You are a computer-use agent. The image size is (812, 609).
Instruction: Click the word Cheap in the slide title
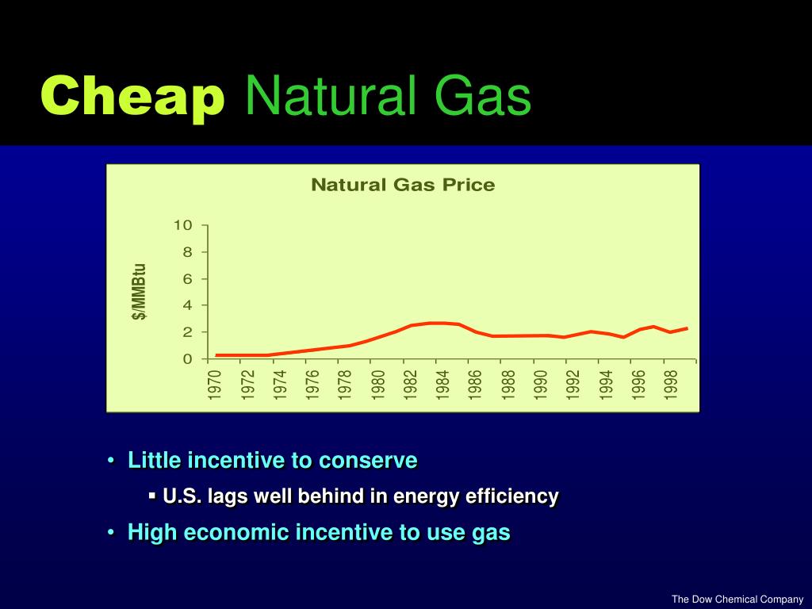click(132, 97)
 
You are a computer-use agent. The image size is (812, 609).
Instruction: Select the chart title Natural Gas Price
click(402, 185)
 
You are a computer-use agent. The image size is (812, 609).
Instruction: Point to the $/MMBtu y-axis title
click(139, 291)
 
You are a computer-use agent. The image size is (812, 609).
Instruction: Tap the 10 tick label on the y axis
click(183, 225)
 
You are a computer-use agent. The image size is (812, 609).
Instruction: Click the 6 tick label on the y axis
click(187, 278)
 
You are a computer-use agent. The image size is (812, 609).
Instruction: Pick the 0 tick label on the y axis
click(187, 358)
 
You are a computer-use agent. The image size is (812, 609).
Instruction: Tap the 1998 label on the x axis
click(671, 384)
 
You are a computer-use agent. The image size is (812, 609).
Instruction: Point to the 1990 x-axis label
click(541, 384)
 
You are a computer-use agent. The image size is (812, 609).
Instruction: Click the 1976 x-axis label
click(313, 384)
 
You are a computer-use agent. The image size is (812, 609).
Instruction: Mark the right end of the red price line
click(687, 328)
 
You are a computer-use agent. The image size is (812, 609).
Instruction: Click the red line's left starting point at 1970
click(216, 355)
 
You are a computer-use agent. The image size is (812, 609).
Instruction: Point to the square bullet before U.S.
click(151, 496)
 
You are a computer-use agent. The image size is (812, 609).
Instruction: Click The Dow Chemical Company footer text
click(737, 599)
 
